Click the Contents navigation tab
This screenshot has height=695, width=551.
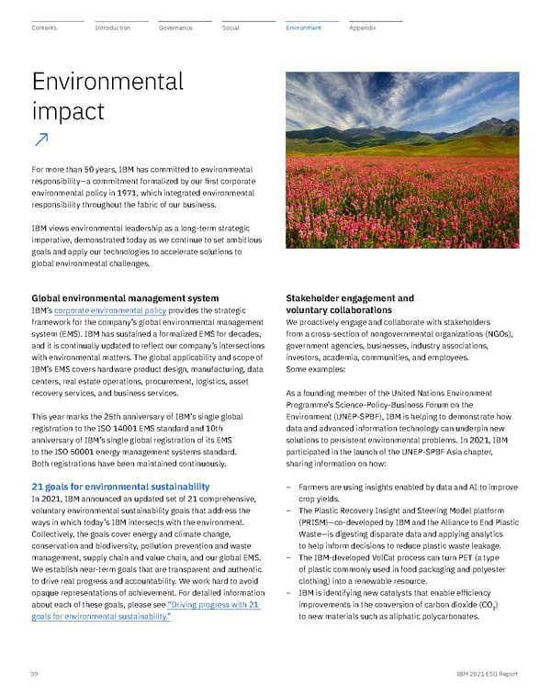pos(44,28)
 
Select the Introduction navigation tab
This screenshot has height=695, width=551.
pos(113,28)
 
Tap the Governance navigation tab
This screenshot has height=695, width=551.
pos(175,28)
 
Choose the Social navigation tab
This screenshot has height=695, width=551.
pos(231,28)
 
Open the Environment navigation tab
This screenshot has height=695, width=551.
pos(303,28)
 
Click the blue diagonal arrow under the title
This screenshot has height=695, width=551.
pos(41,139)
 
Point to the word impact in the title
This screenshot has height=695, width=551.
pos(68,111)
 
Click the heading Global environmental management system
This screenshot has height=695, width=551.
pos(125,298)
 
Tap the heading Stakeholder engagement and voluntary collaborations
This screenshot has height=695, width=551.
pos(350,304)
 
